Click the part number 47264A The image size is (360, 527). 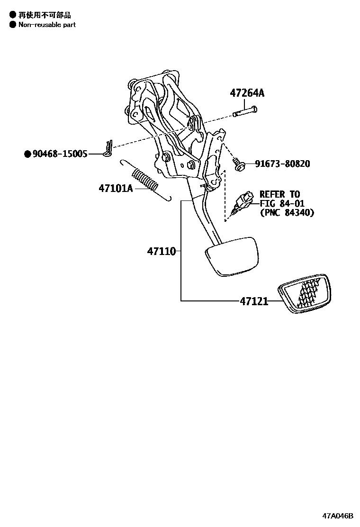tap(247, 93)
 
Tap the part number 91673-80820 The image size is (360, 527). tap(282, 164)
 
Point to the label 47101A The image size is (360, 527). tap(116, 188)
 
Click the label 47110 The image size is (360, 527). tap(161, 251)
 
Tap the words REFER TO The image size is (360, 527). tap(279, 194)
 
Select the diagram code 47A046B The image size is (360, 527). tap(338, 515)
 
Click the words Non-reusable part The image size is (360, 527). tap(47, 25)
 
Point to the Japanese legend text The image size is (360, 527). tap(45, 15)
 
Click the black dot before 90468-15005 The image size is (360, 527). tap(27, 154)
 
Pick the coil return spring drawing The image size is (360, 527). tap(145, 180)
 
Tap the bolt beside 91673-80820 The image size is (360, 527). tap(240, 165)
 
